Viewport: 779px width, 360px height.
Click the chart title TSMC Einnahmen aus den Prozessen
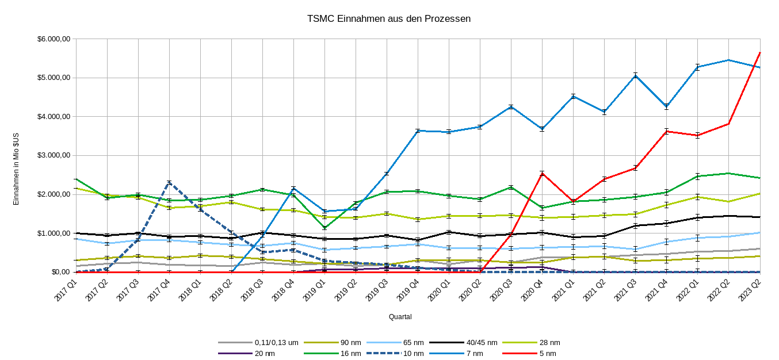[390, 19]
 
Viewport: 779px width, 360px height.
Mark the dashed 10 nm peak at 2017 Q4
[169, 183]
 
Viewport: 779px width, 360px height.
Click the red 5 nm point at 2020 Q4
[542, 173]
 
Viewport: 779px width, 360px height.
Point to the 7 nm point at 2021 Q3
[635, 75]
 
